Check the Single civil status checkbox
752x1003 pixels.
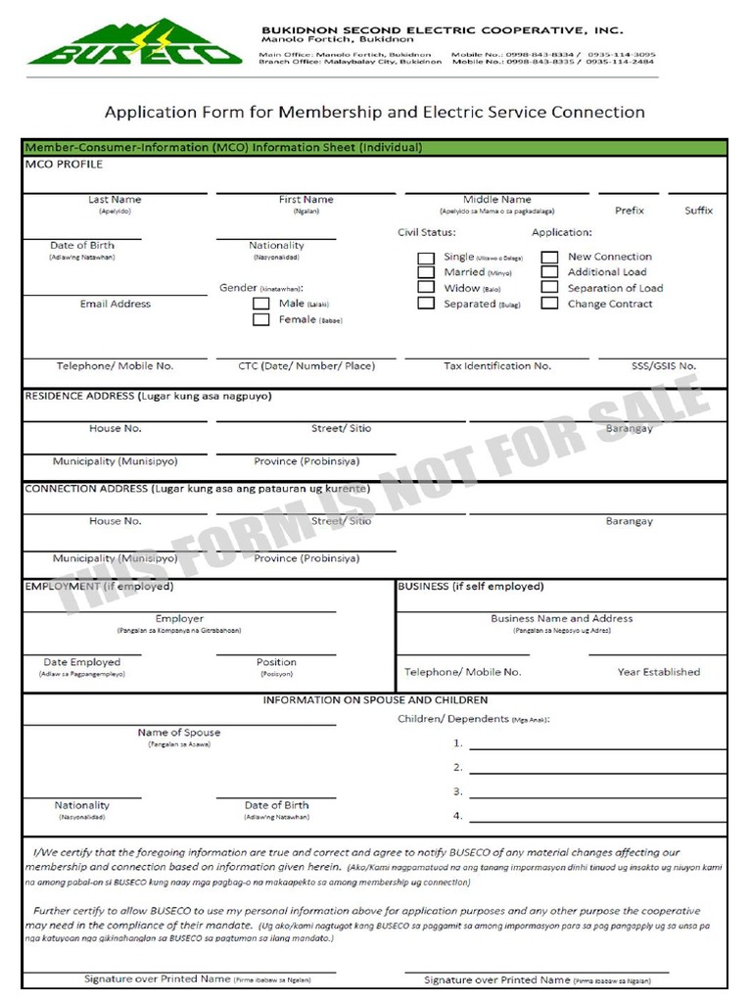click(x=426, y=259)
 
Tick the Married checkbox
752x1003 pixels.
click(x=426, y=273)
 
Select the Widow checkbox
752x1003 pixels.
click(x=426, y=288)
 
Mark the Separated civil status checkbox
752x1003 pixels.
click(x=426, y=304)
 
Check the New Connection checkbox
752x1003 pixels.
click(x=550, y=259)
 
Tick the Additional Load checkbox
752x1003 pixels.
click(x=550, y=273)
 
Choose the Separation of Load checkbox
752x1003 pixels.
click(x=550, y=288)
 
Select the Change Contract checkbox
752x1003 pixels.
click(x=550, y=304)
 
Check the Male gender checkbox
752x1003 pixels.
click(x=261, y=304)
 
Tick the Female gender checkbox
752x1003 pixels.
click(x=261, y=319)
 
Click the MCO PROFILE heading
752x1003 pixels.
click(x=64, y=165)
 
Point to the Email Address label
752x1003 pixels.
click(x=116, y=304)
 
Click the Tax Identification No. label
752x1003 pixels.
click(x=497, y=365)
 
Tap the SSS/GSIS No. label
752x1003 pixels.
click(x=663, y=365)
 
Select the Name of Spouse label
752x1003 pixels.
click(x=179, y=733)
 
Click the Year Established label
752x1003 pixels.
click(x=659, y=672)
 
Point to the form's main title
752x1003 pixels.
click(x=375, y=112)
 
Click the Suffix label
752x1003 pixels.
click(x=699, y=211)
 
